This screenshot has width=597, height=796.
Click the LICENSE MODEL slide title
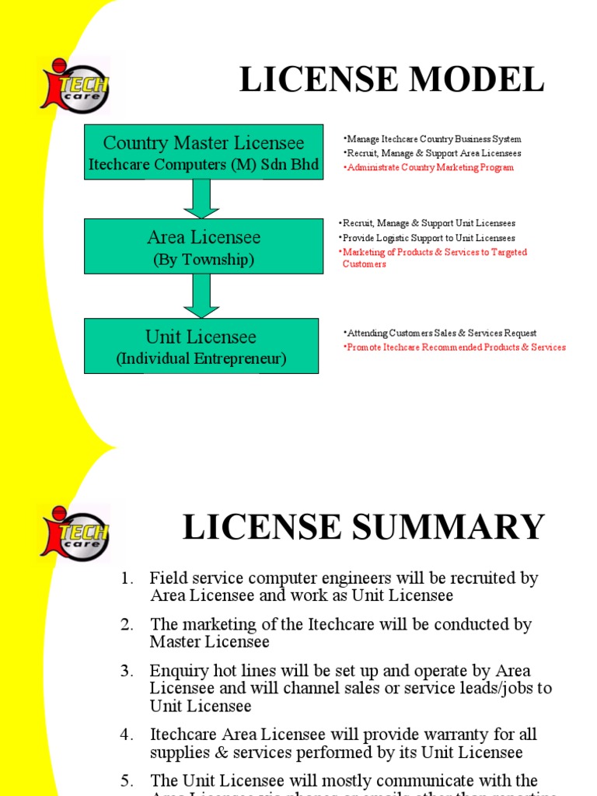391,81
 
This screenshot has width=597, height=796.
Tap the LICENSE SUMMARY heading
363,528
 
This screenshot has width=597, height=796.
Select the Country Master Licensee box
204,152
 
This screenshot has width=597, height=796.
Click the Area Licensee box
204,246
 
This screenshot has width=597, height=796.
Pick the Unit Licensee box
201,345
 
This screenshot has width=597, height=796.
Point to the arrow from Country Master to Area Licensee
201,199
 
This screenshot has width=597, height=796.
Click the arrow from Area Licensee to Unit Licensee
201,295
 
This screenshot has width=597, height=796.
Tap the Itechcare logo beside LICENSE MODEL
76,88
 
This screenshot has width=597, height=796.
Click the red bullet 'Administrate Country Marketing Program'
430,168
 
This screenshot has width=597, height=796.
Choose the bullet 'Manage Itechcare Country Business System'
434,139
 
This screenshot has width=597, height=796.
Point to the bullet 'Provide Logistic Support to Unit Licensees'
428,238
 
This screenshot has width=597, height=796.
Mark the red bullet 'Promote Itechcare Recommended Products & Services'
456,347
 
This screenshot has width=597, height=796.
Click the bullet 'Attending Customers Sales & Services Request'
441,333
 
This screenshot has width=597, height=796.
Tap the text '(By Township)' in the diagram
204,260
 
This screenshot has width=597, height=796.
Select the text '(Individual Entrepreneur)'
201,359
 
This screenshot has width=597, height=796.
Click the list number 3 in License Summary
129,671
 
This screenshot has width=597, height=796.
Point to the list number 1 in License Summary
129,579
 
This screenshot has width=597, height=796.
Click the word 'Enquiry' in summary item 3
177,671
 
